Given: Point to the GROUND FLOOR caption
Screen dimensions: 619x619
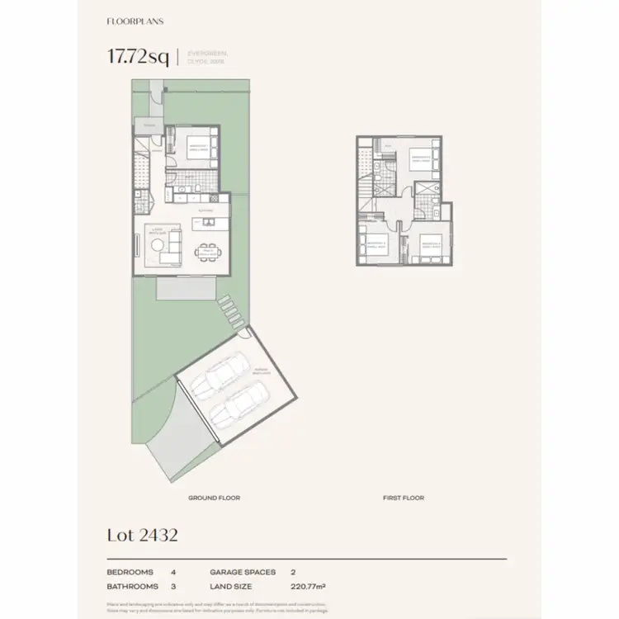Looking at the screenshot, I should [x=214, y=498].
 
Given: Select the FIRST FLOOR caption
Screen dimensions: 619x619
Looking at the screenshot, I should [x=404, y=498].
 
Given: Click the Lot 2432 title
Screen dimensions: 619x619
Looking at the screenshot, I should [x=142, y=535].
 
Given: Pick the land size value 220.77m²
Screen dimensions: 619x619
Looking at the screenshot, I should [x=308, y=586].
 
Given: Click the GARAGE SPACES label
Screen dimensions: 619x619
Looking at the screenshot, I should [x=243, y=571].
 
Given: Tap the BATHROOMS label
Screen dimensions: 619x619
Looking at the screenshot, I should [x=132, y=586].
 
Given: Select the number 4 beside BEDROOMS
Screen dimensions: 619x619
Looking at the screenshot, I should [x=173, y=571].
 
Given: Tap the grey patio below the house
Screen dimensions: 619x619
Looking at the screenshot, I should [x=187, y=288].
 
